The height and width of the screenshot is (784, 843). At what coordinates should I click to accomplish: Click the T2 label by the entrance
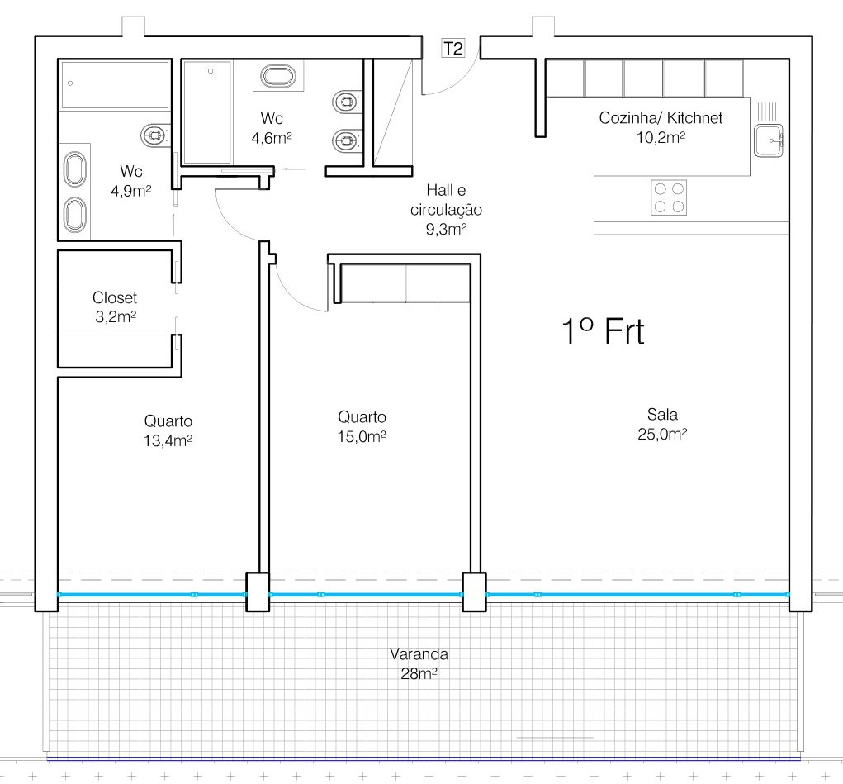coord(452,49)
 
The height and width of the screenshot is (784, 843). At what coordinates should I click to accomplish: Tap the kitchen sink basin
coord(768,140)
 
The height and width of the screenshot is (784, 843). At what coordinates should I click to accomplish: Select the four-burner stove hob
coord(669,197)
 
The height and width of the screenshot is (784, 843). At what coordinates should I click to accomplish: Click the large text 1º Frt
coord(603,331)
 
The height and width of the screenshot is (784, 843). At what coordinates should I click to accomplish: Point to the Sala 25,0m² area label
coord(662,424)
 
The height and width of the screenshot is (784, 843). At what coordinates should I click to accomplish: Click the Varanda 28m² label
coord(419,663)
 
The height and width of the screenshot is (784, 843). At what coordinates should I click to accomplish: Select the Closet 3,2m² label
coord(115,306)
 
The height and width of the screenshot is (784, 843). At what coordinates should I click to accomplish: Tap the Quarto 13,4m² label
coord(168,430)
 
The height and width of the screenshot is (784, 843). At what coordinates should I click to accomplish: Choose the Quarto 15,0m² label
coord(362,426)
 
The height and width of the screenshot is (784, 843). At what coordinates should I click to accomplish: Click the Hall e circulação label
coord(446,209)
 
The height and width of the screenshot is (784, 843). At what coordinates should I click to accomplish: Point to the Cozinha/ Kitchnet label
coord(661,127)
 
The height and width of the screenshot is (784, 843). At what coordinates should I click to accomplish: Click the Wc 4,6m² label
coord(272,128)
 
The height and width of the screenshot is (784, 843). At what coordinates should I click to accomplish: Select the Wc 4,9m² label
coord(130,181)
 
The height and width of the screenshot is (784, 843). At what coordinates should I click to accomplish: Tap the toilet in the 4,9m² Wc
coord(156,135)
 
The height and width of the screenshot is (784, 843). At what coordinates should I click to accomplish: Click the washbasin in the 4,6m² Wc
coord(278,76)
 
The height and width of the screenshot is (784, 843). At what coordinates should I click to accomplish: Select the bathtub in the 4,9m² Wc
coord(115,85)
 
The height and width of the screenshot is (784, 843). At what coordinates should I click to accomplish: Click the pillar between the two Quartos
coord(258,592)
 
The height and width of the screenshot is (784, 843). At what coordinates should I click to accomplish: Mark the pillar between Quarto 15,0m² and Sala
coord(475,592)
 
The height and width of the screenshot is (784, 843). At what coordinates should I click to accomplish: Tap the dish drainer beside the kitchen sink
coord(768,111)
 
